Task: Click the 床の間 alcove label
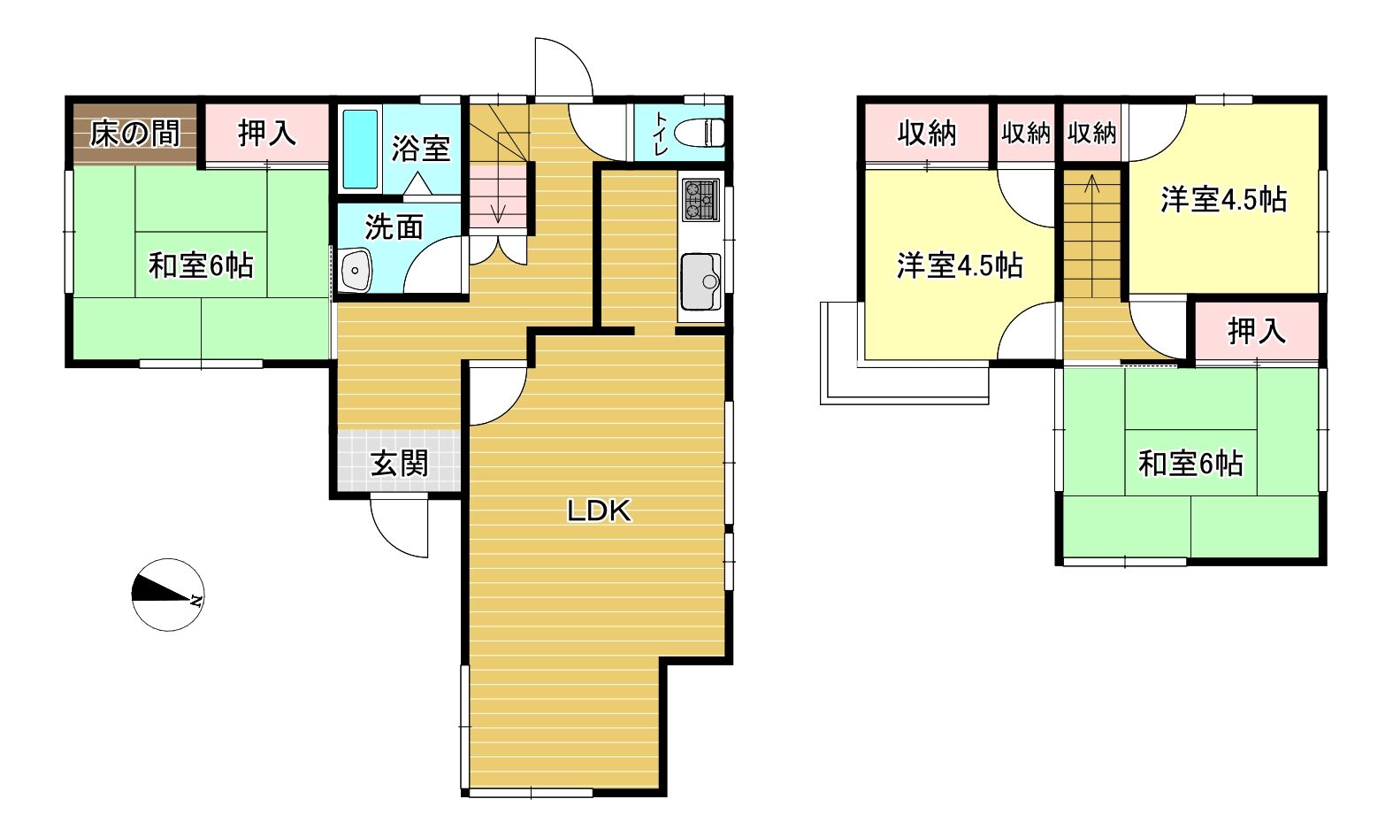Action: coord(135,134)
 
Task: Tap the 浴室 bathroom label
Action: coord(421,149)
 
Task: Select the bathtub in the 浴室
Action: coord(361,150)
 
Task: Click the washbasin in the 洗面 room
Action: coord(356,271)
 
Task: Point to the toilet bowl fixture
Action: coord(700,133)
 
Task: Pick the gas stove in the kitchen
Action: coord(700,200)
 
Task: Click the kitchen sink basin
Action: coord(700,281)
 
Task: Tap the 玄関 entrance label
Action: coord(399,465)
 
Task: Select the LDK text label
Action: coord(599,511)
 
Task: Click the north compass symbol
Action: coord(168,595)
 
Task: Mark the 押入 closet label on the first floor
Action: coord(267,134)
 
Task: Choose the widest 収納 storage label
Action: coord(927,134)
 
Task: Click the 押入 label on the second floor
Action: coord(1257,330)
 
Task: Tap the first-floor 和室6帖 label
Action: coord(201,265)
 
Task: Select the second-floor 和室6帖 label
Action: coord(1190,464)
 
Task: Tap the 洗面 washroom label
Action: coord(394,227)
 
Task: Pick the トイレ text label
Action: coord(661,134)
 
